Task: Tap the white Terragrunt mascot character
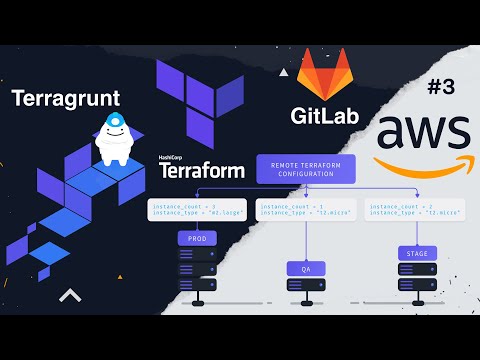pyautogui.click(x=115, y=141)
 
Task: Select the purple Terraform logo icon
pyautogui.click(x=201, y=105)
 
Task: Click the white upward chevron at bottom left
pyautogui.click(x=69, y=295)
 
